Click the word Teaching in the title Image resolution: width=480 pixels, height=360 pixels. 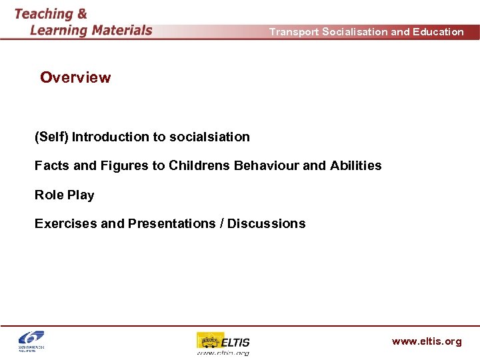(43, 13)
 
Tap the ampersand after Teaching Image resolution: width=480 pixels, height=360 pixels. (81, 13)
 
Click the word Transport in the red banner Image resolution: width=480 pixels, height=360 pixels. (293, 32)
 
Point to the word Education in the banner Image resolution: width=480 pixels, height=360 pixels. (438, 32)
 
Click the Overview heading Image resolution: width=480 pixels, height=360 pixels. (75, 77)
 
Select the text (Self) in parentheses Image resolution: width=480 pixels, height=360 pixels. (51, 137)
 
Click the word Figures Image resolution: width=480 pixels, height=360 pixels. (124, 165)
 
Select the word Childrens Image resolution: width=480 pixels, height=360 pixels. (199, 165)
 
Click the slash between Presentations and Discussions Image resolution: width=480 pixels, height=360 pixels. (221, 224)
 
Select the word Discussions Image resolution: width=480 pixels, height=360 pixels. (267, 224)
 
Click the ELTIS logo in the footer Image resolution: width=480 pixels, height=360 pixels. (223, 343)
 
